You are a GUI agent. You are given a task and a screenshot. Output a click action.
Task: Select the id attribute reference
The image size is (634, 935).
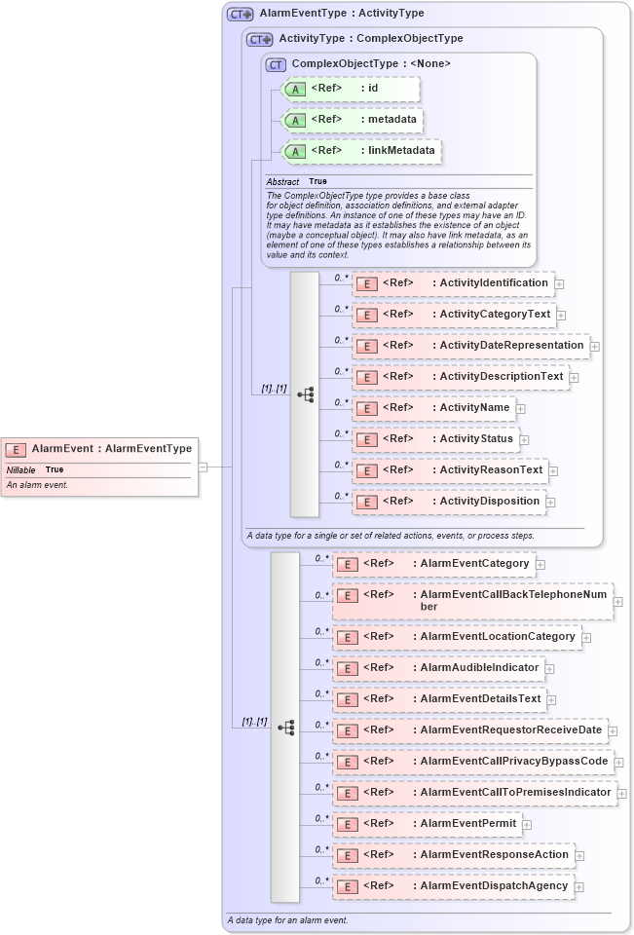point(351,89)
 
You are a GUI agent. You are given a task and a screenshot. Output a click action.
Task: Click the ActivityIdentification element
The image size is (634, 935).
point(453,283)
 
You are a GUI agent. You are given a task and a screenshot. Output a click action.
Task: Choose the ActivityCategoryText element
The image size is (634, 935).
point(454,315)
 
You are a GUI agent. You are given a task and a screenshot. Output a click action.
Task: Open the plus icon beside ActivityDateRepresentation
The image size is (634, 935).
point(594,346)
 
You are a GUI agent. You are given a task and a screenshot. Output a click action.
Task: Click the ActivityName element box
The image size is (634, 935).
point(433,408)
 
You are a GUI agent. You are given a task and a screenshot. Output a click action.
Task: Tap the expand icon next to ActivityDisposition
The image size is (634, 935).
point(550,502)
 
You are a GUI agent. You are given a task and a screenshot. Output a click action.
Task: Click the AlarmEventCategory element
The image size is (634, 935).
point(433,564)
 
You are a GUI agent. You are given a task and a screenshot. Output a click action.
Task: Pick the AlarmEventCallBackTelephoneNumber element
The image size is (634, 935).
point(472,601)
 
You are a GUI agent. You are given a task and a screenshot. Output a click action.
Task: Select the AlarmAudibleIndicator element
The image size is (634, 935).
point(438,669)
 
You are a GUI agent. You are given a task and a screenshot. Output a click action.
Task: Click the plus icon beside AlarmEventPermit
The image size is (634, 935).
point(527,825)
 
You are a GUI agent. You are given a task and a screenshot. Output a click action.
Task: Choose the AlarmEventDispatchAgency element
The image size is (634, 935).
point(453,886)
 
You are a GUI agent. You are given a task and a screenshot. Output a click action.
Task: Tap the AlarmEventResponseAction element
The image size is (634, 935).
point(453,855)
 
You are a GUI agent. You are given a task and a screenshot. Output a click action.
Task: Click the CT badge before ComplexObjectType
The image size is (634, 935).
point(276,63)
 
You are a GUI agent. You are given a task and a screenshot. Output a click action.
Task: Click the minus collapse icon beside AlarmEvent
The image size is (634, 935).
point(203,467)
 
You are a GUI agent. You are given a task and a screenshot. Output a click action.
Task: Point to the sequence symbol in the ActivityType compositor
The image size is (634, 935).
point(305,394)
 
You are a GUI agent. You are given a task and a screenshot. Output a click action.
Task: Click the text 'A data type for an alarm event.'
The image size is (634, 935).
point(287,919)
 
